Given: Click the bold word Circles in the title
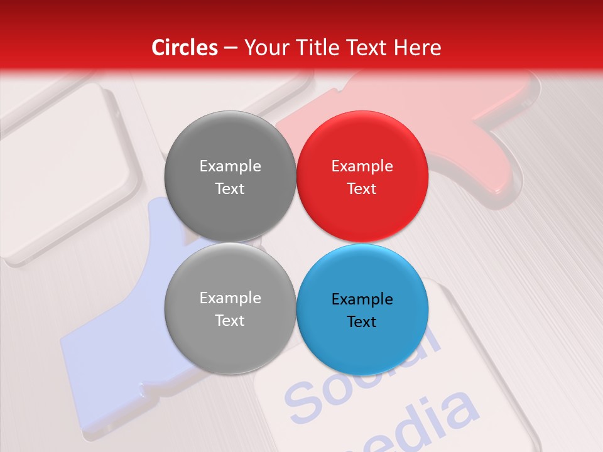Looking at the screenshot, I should (x=185, y=48).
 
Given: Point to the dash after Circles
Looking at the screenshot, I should (x=231, y=48).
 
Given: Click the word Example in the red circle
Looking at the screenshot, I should (x=362, y=166).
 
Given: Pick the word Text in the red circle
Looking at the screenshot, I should (x=362, y=188).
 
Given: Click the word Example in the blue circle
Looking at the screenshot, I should (x=362, y=299).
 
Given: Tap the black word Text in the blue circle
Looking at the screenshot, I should (x=362, y=321).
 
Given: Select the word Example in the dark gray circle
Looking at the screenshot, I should (x=230, y=166).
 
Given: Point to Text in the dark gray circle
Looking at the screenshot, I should (x=230, y=188).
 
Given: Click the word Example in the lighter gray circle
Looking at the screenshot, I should (x=230, y=298).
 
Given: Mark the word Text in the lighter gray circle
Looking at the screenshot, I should (x=230, y=320).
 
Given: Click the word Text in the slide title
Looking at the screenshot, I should (x=371, y=48).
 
